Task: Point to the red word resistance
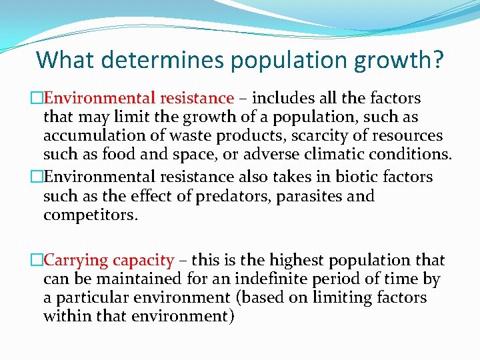pos(197,99)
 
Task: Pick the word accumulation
pos(90,136)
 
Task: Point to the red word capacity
pos(143,260)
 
